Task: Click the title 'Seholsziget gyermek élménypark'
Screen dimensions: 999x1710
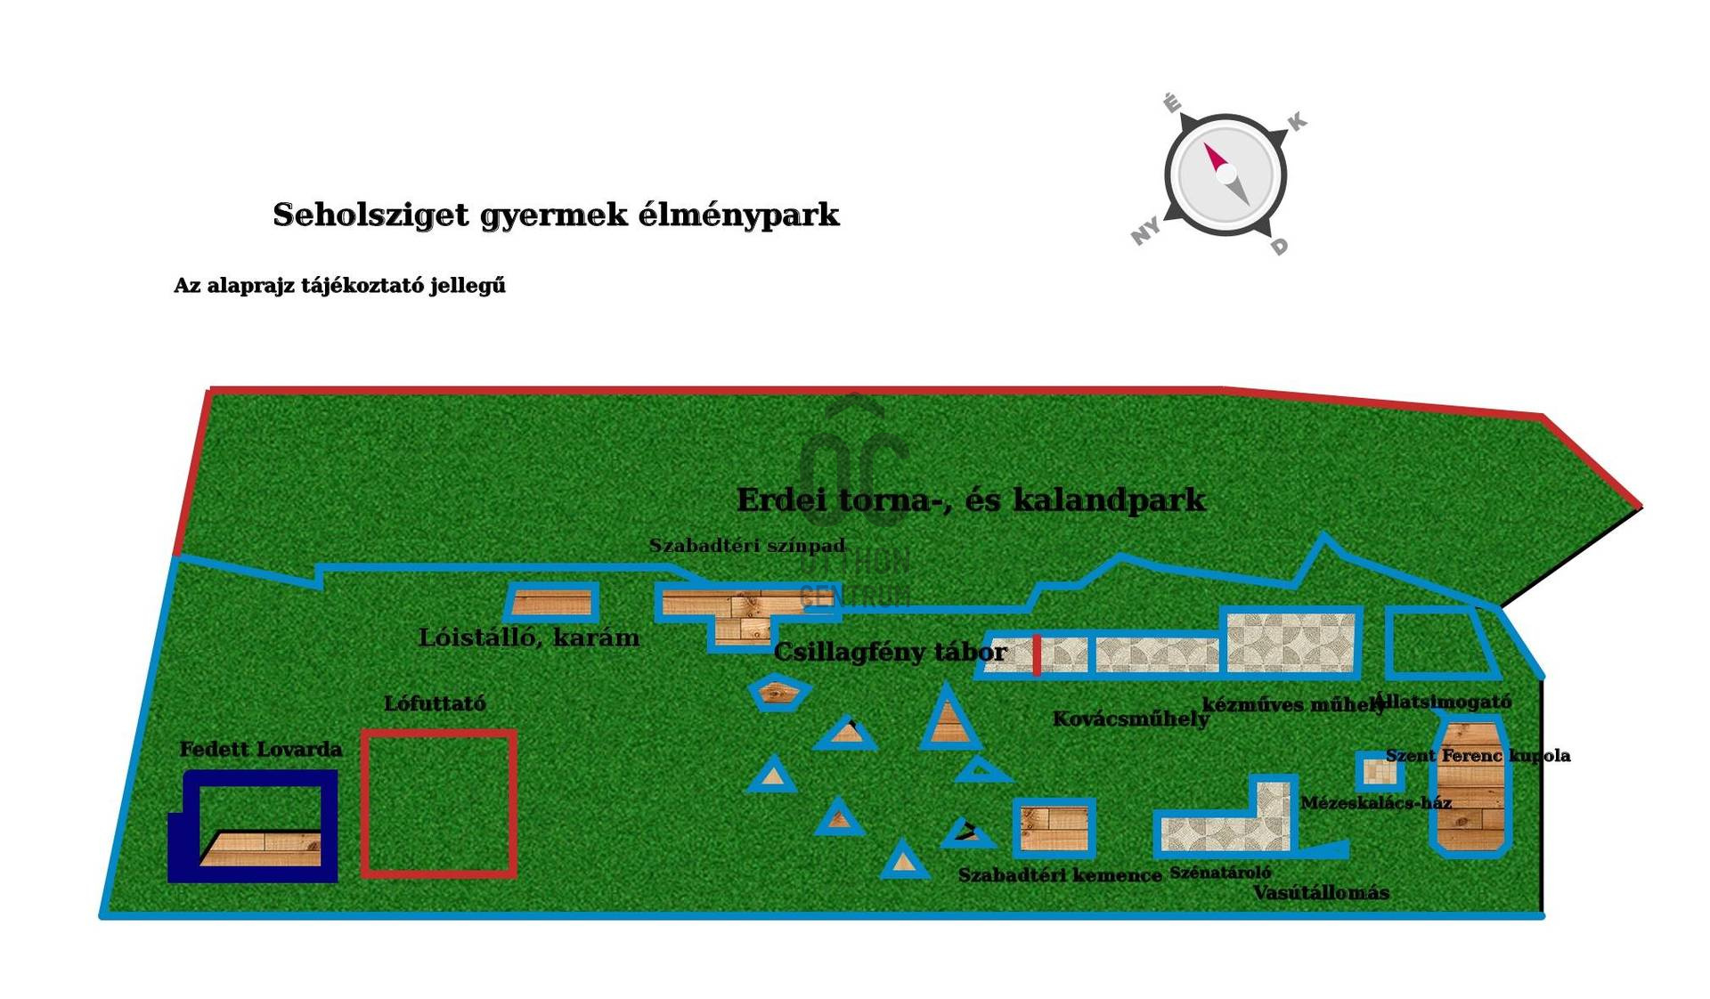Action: pyautogui.click(x=556, y=215)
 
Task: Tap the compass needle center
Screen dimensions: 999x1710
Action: pyautogui.click(x=1225, y=174)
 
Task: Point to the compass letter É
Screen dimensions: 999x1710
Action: pyautogui.click(x=1172, y=103)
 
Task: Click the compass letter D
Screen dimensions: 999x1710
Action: pyautogui.click(x=1279, y=246)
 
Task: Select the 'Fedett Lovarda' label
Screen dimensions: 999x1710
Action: pyautogui.click(x=260, y=750)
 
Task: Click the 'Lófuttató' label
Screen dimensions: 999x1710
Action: pyautogui.click(x=435, y=703)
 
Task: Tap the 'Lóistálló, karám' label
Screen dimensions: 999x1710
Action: pyautogui.click(x=529, y=638)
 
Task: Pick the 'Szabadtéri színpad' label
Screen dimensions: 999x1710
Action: pyautogui.click(x=746, y=546)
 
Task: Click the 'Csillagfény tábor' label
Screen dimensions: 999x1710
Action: pyautogui.click(x=890, y=652)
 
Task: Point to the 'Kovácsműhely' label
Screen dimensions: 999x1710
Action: pyautogui.click(x=1130, y=719)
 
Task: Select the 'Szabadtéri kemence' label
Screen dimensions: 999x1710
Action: pyautogui.click(x=1060, y=875)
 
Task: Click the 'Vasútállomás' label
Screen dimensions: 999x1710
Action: pyautogui.click(x=1321, y=893)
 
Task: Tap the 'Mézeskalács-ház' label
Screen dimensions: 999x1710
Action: pyautogui.click(x=1376, y=803)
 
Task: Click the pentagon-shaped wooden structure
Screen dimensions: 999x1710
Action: pyautogui.click(x=779, y=692)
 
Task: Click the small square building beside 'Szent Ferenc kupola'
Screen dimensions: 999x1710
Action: pyautogui.click(x=1380, y=771)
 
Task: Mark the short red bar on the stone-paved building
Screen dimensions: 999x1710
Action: pyautogui.click(x=1037, y=655)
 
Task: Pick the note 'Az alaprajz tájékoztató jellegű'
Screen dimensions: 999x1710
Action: pyautogui.click(x=339, y=286)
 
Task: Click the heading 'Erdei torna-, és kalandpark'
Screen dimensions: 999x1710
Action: pyautogui.click(x=971, y=499)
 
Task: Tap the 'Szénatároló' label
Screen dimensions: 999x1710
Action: pyautogui.click(x=1220, y=873)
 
